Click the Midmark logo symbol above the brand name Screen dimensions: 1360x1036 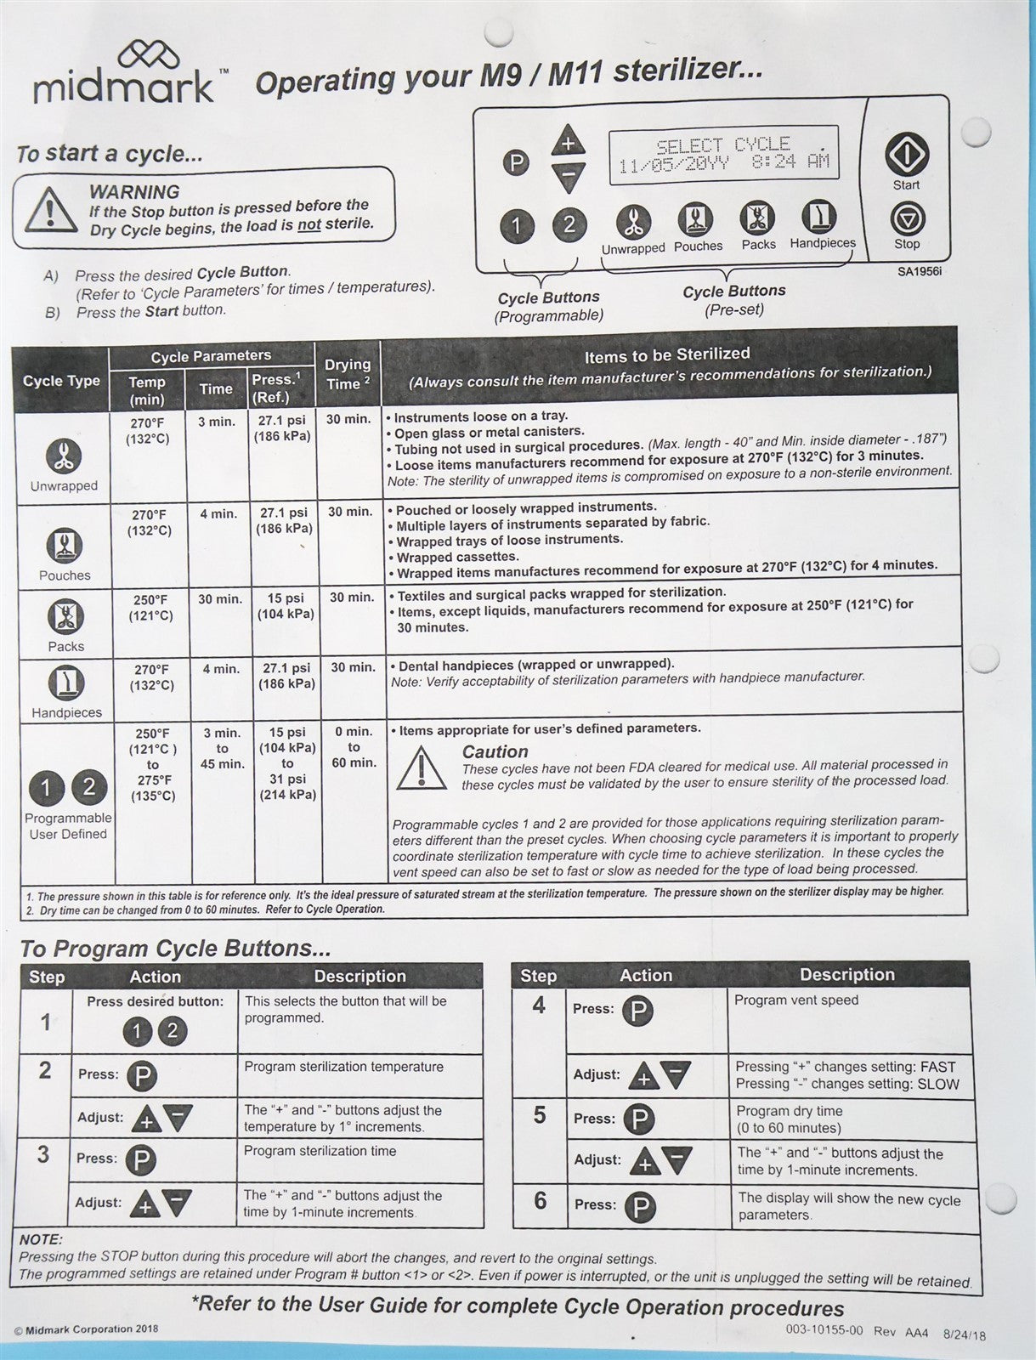tap(149, 56)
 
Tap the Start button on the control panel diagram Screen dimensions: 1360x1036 tap(906, 155)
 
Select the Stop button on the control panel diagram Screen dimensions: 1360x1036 tap(907, 219)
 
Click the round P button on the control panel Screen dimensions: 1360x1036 tap(515, 162)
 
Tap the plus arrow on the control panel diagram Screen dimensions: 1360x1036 tap(568, 141)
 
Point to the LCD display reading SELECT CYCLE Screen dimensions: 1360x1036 tap(723, 154)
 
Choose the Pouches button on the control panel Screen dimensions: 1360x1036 tap(696, 219)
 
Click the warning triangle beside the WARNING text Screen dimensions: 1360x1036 tap(50, 210)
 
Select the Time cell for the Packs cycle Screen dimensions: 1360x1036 tap(220, 599)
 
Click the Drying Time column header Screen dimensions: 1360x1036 tap(348, 374)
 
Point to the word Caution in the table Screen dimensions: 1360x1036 tap(495, 751)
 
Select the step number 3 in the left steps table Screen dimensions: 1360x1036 tap(43, 1154)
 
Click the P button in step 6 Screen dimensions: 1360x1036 tap(640, 1207)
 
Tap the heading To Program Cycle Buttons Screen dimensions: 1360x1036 tap(175, 948)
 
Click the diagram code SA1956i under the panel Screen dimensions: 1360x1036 tap(920, 272)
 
